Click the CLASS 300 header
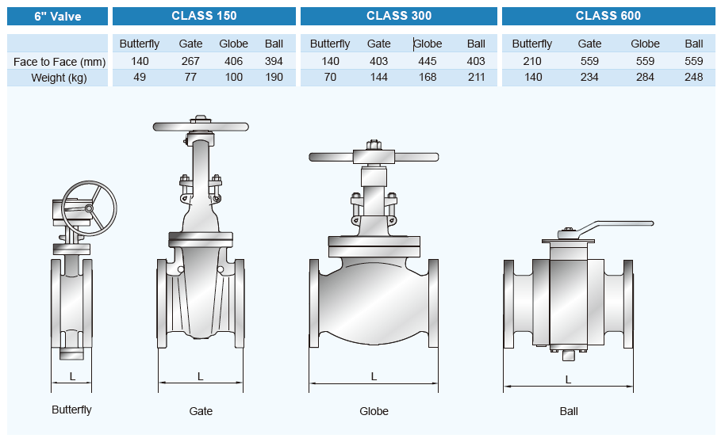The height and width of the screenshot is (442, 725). pos(398,16)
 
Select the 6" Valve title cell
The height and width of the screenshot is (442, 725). pos(57,16)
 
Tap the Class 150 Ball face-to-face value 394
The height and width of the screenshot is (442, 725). pos(274,61)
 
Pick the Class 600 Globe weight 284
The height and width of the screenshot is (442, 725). pos(645,77)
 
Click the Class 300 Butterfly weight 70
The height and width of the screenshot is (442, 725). pos(330,77)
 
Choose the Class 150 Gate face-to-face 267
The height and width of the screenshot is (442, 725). pos(190,61)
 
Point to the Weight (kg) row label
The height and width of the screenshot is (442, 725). pos(59,78)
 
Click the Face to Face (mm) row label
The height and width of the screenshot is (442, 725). pos(59,62)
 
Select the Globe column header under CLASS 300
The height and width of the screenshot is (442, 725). pos(428,44)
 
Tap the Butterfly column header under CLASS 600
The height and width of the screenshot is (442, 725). pos(531,44)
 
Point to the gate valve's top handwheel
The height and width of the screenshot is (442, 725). pos(201,126)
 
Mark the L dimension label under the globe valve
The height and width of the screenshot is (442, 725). pos(374,376)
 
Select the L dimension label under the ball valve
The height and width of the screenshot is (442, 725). pos(568,379)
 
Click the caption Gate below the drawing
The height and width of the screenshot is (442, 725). pos(201,411)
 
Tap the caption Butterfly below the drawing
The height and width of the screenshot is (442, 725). pos(71,410)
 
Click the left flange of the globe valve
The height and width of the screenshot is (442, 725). pos(314,303)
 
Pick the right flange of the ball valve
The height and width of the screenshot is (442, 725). pos(628,304)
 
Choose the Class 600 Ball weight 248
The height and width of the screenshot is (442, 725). pos(693,77)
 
